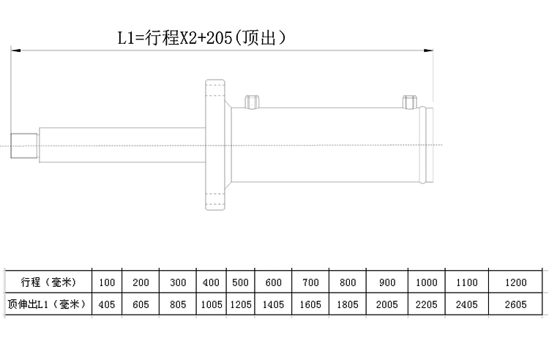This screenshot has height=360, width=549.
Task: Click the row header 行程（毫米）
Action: [x=45, y=282]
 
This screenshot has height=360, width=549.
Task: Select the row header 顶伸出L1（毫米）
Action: [x=45, y=304]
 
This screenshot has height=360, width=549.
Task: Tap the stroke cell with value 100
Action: [x=107, y=282]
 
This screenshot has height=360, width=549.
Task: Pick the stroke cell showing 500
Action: [x=240, y=282]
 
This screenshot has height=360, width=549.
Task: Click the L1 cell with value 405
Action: [x=107, y=304]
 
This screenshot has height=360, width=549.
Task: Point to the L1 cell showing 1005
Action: [x=211, y=304]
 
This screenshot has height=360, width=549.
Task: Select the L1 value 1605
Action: [x=311, y=304]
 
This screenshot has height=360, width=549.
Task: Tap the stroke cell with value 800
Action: [x=348, y=282]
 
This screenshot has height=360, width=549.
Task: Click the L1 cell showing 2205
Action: [x=427, y=304]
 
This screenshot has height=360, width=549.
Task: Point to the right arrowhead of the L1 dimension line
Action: [x=430, y=50]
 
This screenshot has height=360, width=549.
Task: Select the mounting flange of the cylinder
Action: [x=214, y=145]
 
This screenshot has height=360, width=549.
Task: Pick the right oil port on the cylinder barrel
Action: [x=408, y=101]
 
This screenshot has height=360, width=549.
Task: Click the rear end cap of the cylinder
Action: [x=428, y=145]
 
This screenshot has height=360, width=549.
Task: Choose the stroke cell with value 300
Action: [x=178, y=282]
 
